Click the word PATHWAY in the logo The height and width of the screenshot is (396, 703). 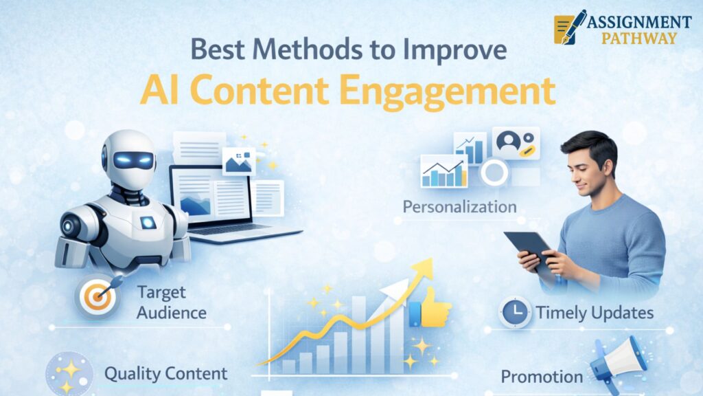(x=639, y=38)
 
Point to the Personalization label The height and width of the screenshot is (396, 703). (x=459, y=207)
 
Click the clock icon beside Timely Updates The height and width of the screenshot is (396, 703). (x=515, y=311)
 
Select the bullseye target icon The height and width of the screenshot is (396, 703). (x=97, y=296)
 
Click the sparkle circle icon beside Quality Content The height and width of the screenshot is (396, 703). (x=69, y=374)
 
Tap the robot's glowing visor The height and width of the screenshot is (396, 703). (x=132, y=160)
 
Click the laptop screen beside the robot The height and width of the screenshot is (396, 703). (x=210, y=196)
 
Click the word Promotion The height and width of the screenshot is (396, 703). (x=542, y=377)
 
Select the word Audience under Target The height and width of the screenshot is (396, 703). (x=172, y=313)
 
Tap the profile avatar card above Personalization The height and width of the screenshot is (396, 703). (x=516, y=143)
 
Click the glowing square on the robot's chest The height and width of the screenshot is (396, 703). (x=148, y=222)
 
